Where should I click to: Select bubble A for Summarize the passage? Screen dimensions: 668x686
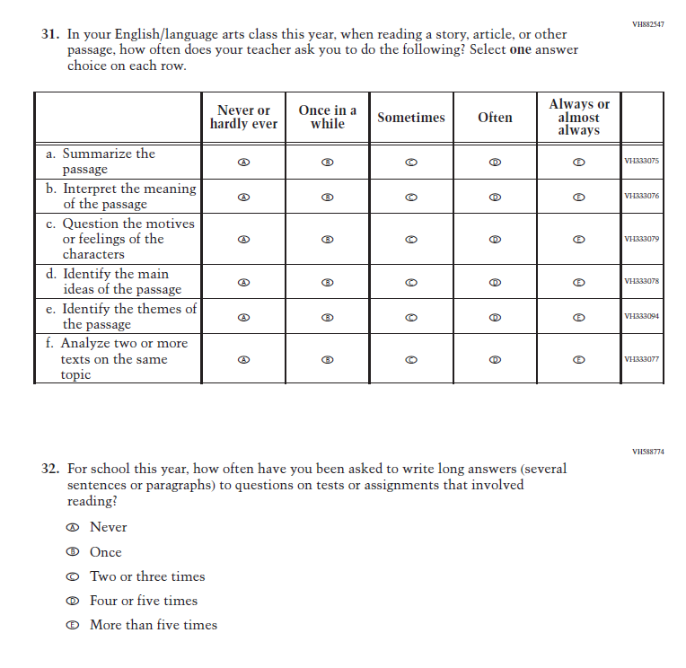click(243, 162)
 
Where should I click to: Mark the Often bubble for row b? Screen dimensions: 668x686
click(495, 196)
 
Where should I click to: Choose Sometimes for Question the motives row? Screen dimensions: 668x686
click(411, 240)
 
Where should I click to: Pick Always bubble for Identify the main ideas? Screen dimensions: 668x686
click(579, 282)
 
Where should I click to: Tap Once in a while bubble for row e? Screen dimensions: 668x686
click(328, 317)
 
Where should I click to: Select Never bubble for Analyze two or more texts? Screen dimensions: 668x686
click(243, 359)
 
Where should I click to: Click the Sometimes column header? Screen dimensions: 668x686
click(411, 118)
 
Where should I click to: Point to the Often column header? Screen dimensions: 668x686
click(495, 118)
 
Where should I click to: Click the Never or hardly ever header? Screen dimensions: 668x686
click(243, 118)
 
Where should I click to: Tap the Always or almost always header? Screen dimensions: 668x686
click(579, 118)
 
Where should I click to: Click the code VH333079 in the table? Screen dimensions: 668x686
click(641, 240)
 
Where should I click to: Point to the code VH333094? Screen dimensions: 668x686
click(641, 317)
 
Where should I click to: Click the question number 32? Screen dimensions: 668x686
click(50, 469)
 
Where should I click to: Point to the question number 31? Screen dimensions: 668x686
click(50, 35)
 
